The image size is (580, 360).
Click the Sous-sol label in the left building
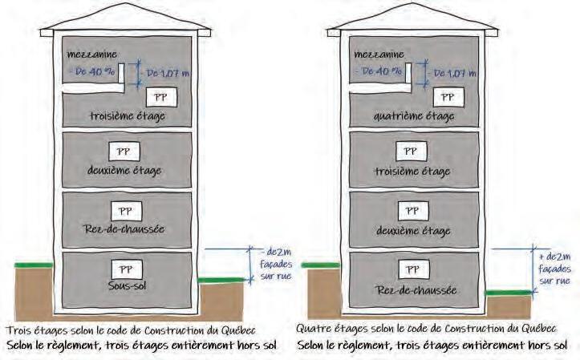pyautogui.click(x=124, y=284)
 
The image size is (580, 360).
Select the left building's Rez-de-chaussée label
pyautogui.click(x=124, y=229)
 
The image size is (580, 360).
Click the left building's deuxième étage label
pyautogui.click(x=124, y=171)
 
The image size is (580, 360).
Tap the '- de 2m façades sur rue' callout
pyautogui.click(x=265, y=265)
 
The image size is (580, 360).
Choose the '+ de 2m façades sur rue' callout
pyautogui.click(x=554, y=266)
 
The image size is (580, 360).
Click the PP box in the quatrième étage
pyautogui.click(x=444, y=98)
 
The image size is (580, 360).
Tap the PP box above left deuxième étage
pyautogui.click(x=125, y=152)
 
